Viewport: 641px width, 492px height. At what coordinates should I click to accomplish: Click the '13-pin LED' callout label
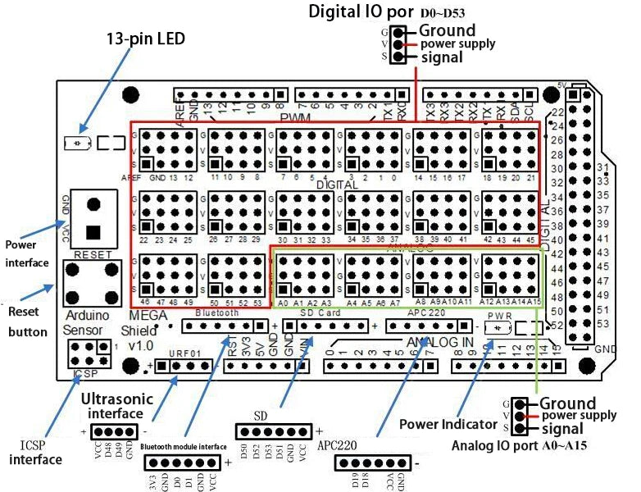click(x=147, y=39)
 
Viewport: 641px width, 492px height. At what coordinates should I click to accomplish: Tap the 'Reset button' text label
click(x=28, y=321)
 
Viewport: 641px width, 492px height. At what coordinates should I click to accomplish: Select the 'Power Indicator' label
click(x=448, y=424)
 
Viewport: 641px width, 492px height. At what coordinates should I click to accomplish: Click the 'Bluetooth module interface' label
click(x=183, y=447)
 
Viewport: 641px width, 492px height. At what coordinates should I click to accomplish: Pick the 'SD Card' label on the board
click(x=319, y=313)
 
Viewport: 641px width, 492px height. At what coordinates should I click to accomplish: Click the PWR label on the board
click(x=499, y=315)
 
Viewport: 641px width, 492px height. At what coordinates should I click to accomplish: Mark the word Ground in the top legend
click(x=448, y=30)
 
